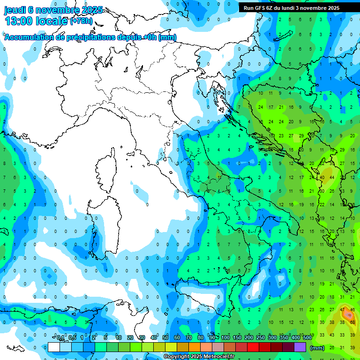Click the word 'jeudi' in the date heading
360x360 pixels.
pyautogui.click(x=16, y=10)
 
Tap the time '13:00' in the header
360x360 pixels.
pyautogui.click(x=19, y=21)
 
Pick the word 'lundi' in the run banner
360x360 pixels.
pyautogui.click(x=295, y=8)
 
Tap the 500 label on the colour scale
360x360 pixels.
pyautogui.click(x=307, y=337)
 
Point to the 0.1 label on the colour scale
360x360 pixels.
pyautogui.click(x=60, y=337)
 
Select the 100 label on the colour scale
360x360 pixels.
pyautogui.click(x=225, y=337)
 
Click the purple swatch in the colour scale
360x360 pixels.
pyautogui.click(x=300, y=347)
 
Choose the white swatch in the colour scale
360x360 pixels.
pyautogui.click(x=54, y=347)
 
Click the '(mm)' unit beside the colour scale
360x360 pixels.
pyautogui.click(x=317, y=348)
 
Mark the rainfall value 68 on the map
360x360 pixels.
pyautogui.click(x=352, y=322)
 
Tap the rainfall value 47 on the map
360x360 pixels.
pyautogui.click(x=343, y=310)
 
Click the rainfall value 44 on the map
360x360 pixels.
pyautogui.click(x=332, y=178)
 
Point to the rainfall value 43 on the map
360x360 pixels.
pyautogui.click(x=332, y=335)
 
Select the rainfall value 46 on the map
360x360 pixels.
pyautogui.click(x=352, y=310)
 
